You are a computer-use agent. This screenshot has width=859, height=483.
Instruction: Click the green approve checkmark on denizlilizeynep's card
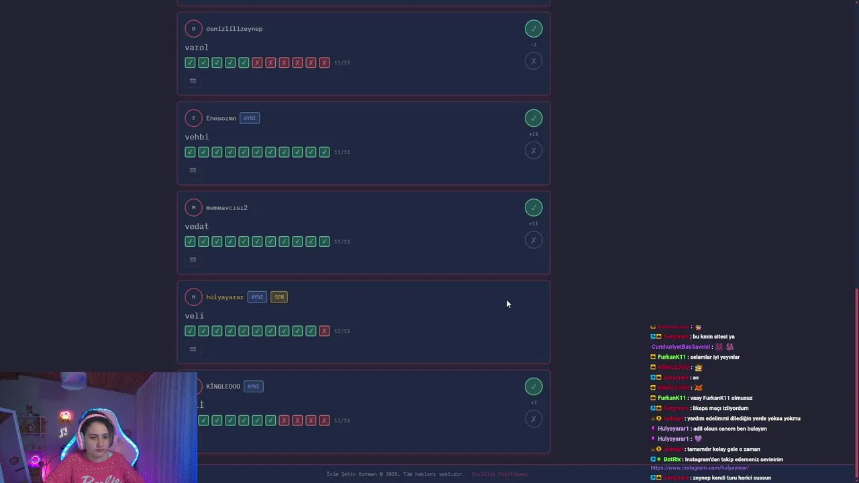(534, 28)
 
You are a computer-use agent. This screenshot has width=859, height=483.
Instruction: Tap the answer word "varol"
(197, 48)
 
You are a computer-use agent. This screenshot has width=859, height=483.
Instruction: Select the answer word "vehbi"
(197, 137)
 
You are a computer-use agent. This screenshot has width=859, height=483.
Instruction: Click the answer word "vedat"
(197, 226)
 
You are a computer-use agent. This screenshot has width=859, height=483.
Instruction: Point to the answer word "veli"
(194, 316)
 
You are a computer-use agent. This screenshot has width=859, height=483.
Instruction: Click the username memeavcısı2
(227, 208)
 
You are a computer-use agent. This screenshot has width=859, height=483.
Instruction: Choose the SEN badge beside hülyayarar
(279, 297)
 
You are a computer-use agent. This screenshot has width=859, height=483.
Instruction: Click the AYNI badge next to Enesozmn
(250, 118)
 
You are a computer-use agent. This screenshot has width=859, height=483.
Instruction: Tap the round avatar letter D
(193, 29)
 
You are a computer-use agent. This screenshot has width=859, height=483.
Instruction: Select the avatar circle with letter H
(193, 297)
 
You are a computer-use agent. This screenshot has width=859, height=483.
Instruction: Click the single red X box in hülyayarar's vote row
(325, 331)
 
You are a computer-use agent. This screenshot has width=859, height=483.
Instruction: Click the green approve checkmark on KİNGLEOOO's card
(534, 386)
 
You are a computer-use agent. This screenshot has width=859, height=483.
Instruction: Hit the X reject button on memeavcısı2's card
(534, 240)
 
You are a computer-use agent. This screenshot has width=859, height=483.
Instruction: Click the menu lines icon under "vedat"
(193, 260)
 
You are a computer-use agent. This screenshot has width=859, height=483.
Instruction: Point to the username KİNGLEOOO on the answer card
(223, 386)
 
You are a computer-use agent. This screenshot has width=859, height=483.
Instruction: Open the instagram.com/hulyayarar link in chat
(699, 468)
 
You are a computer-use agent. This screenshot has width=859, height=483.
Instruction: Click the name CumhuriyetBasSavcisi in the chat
(680, 347)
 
